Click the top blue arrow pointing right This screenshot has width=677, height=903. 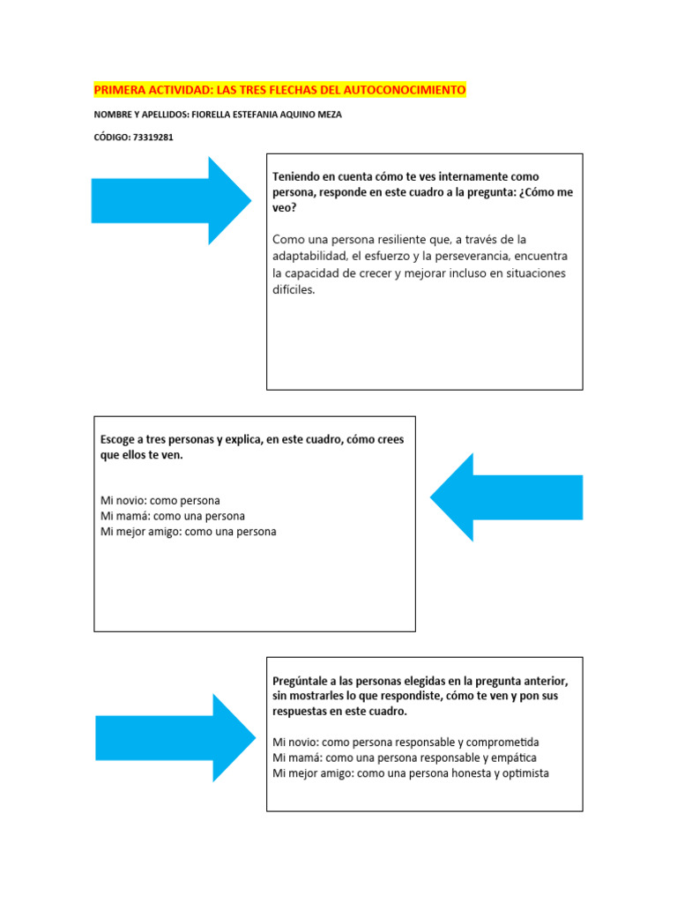(x=171, y=200)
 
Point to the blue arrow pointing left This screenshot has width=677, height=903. (x=506, y=496)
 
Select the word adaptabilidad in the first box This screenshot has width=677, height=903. (x=309, y=256)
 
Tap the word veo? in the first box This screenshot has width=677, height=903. (x=285, y=209)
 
